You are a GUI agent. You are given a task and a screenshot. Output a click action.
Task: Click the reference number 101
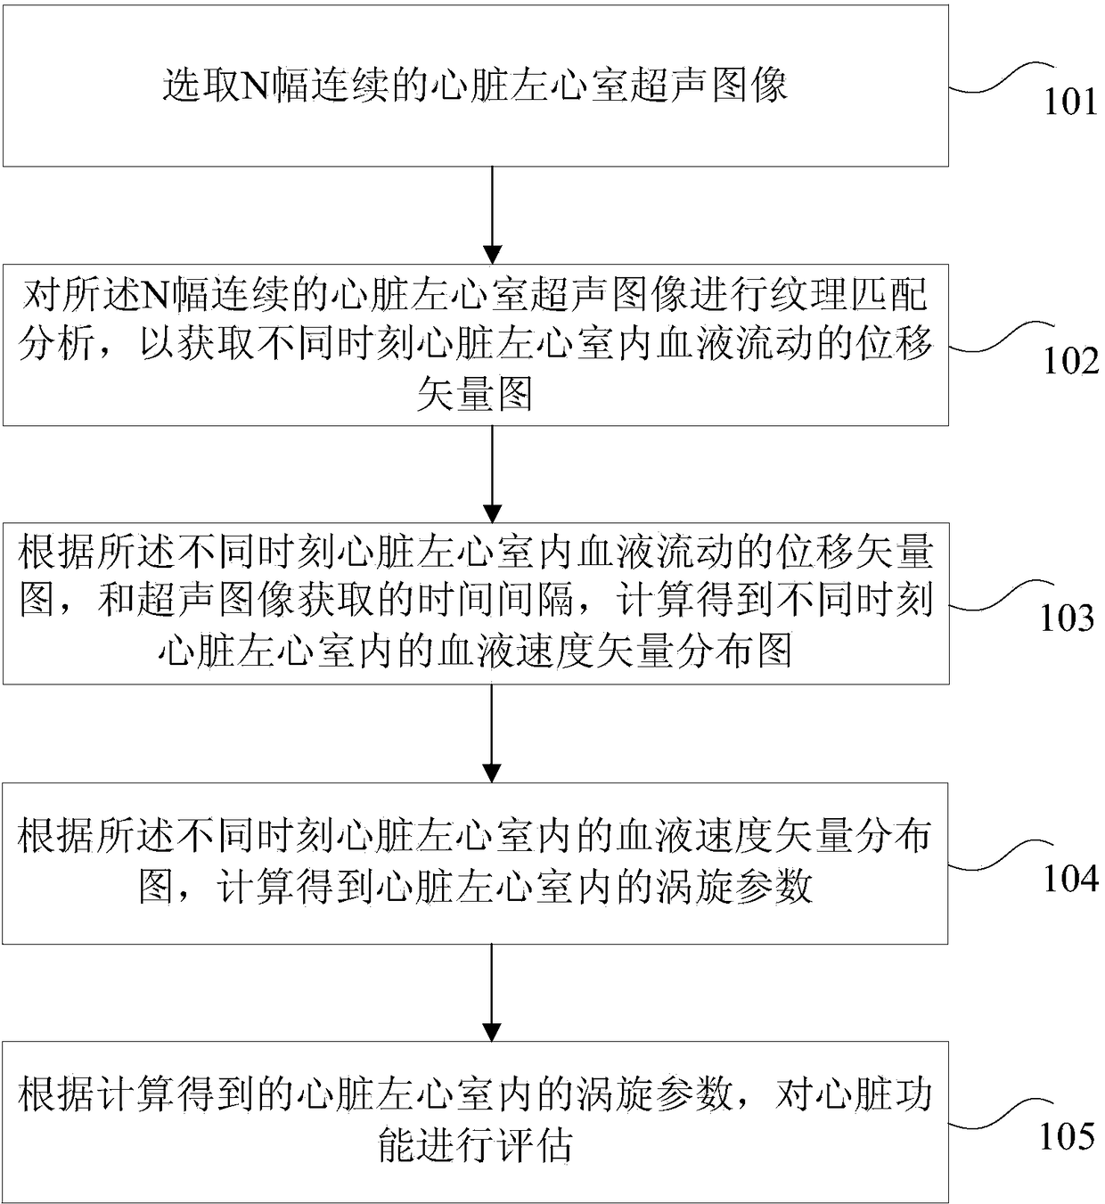coord(1070,102)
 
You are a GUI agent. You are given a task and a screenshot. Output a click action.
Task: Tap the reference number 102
coord(1070,361)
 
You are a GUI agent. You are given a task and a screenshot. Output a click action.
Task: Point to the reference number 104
coord(1070,879)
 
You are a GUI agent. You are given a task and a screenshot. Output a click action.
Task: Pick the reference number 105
coord(1067,1136)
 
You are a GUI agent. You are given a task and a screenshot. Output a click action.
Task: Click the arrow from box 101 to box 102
coord(492,215)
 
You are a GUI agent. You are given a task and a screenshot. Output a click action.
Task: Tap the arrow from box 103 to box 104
coord(492,733)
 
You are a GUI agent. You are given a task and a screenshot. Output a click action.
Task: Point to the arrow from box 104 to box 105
coord(492,992)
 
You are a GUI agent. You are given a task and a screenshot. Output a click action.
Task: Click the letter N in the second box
coord(159,294)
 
